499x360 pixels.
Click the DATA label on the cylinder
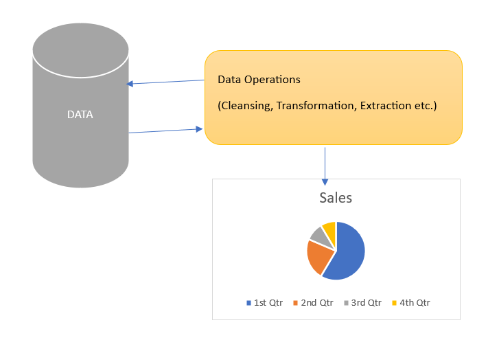(80, 115)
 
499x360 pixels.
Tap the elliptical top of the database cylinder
(80, 50)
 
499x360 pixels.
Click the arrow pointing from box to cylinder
(165, 82)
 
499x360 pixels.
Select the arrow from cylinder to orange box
(165, 130)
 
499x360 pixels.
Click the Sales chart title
(336, 198)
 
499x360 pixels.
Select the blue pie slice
(347, 251)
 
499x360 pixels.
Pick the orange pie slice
(317, 257)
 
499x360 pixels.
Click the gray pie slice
(317, 234)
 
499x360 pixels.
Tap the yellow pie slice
(329, 229)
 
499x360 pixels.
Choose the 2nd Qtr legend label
(316, 302)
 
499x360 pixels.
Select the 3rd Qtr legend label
(365, 302)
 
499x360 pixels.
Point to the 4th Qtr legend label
(415, 302)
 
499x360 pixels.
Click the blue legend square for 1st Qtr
(248, 303)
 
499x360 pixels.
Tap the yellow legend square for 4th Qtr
(394, 303)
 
